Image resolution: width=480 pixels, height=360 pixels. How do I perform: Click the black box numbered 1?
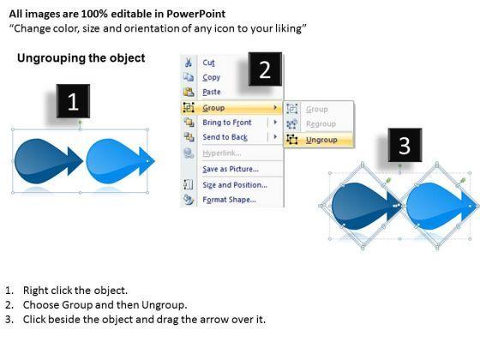coord(73,101)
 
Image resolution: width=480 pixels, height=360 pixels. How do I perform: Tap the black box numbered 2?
coord(265,69)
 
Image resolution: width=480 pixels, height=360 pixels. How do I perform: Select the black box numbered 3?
coord(405,145)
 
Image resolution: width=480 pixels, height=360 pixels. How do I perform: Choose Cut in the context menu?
coord(208,63)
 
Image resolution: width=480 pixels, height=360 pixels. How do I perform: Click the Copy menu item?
coord(211,77)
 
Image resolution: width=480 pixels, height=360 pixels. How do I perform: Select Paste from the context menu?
coord(212,92)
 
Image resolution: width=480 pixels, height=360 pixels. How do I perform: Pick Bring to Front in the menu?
coord(227,123)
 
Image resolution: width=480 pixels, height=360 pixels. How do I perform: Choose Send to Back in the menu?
coord(225,137)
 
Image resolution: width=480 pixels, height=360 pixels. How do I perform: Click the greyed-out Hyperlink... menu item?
coord(222,153)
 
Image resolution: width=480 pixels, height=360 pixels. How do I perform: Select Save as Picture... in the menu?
coord(231,169)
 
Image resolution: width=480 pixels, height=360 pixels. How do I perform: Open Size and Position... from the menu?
coord(235,185)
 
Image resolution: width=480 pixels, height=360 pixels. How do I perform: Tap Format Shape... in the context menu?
coord(230,200)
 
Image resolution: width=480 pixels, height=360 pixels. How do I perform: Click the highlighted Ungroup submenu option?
coord(321,140)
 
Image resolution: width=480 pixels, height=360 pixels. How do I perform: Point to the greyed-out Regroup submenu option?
coord(321,124)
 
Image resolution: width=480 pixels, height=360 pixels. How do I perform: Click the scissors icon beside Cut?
coord(189,63)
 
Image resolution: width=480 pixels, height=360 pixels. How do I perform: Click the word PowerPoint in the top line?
coord(196,14)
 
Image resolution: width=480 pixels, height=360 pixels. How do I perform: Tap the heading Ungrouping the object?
coord(81,58)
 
